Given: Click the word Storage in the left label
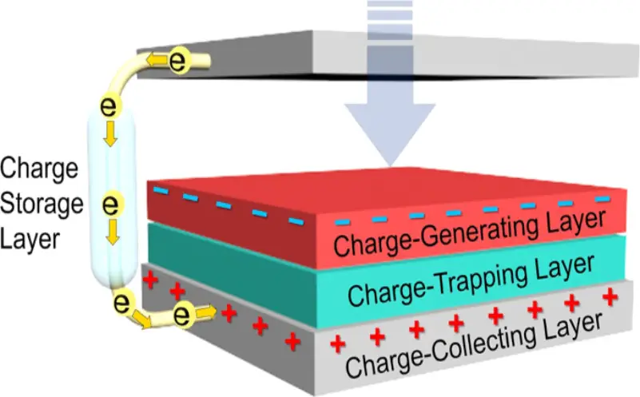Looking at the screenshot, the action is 42,204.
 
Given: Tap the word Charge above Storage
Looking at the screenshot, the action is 39,169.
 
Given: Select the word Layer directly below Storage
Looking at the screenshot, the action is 30,239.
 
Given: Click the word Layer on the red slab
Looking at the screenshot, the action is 574,222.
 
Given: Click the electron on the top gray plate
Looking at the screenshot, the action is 177,62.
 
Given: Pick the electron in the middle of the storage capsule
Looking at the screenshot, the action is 110,204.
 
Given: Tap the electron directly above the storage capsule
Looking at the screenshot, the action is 108,106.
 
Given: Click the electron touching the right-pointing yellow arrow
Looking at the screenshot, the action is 182,315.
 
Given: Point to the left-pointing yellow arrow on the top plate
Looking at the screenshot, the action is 157,61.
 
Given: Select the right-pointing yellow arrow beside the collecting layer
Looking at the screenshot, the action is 206,312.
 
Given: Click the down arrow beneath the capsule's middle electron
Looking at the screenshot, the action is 112,232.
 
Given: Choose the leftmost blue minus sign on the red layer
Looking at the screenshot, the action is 161,191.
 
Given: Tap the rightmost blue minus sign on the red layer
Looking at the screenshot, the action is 602,199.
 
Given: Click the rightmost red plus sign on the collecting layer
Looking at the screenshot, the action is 610,296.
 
